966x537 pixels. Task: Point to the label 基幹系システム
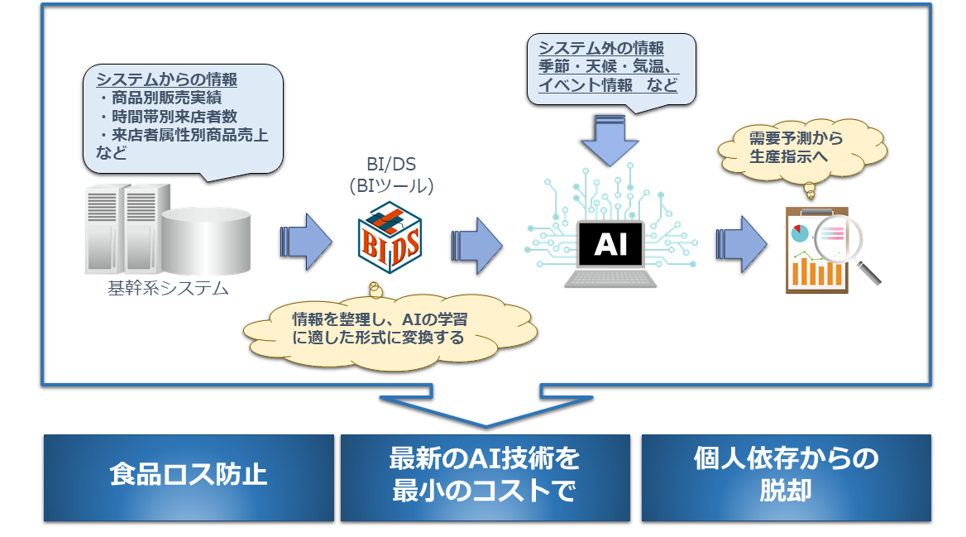click(x=168, y=289)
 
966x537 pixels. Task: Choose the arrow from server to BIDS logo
click(x=305, y=242)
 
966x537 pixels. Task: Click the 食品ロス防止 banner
click(x=189, y=477)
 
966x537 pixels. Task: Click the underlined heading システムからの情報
click(x=167, y=79)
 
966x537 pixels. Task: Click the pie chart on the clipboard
click(x=800, y=233)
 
